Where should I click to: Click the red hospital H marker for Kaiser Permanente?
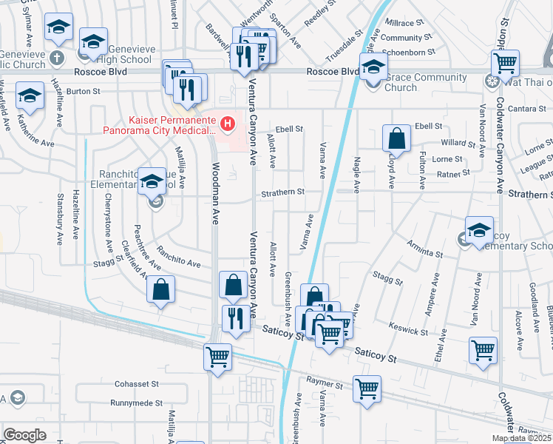[228, 123]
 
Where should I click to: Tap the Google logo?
[25, 435]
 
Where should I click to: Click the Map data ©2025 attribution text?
[521, 438]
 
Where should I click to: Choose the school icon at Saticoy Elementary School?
[479, 231]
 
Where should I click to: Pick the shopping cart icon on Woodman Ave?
[217, 357]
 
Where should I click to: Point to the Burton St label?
[83, 92]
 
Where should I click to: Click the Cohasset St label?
[137, 384]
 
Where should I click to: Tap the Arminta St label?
[424, 249]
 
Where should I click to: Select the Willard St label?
[458, 143]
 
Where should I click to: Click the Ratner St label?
[453, 174]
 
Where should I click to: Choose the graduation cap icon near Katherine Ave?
[30, 97]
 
